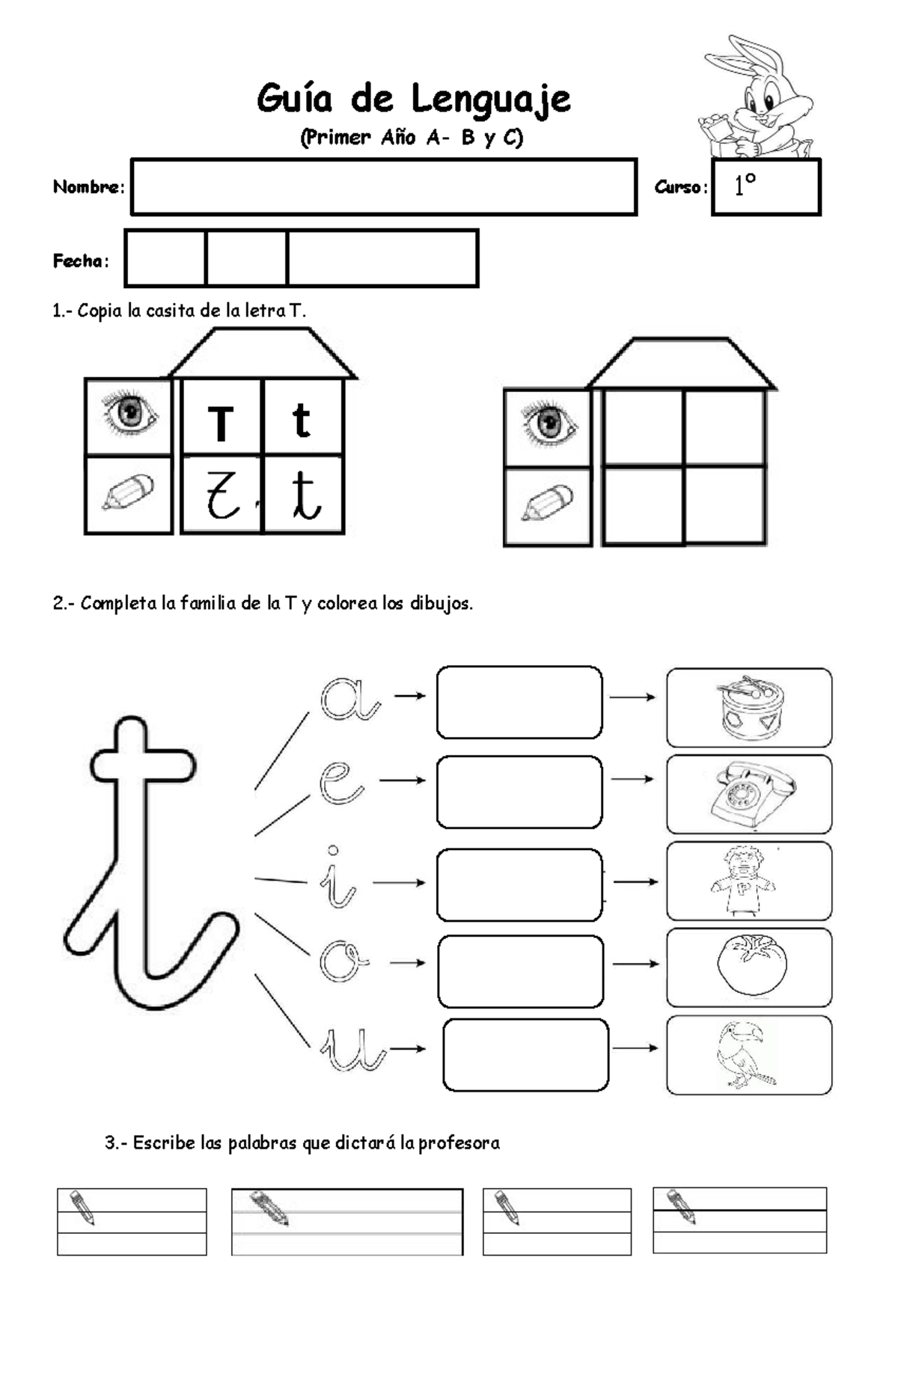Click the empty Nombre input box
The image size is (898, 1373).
(384, 187)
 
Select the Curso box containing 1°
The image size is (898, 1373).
(766, 187)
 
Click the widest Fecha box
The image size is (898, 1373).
(382, 258)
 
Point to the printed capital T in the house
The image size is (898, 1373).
(221, 424)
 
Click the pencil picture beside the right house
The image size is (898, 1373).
(547, 502)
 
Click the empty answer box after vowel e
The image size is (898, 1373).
(519, 792)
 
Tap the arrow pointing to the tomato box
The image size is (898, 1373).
(635, 964)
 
